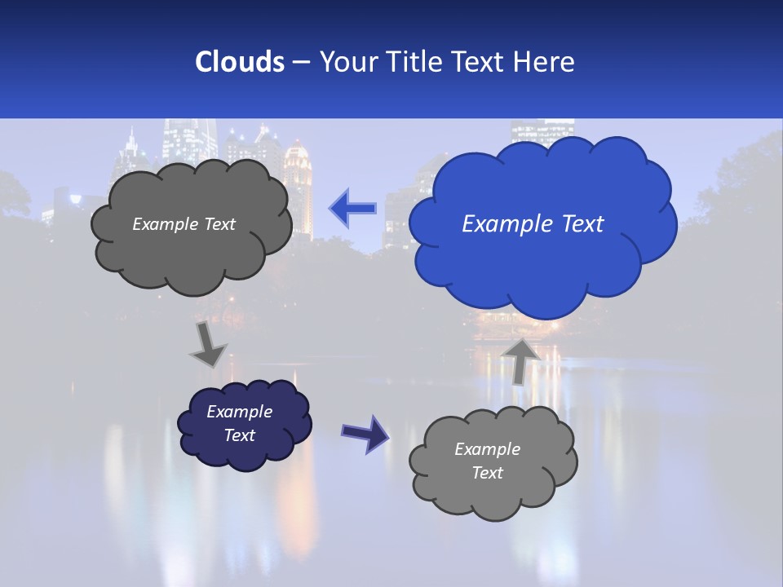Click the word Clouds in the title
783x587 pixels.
pyautogui.click(x=239, y=62)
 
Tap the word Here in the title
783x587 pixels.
pyautogui.click(x=546, y=62)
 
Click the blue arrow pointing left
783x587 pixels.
pyautogui.click(x=352, y=209)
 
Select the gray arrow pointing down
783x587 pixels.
pyautogui.click(x=207, y=344)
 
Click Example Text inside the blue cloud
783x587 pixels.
pyautogui.click(x=533, y=224)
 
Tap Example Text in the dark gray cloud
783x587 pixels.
pyautogui.click(x=184, y=224)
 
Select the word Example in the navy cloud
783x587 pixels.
pyautogui.click(x=239, y=412)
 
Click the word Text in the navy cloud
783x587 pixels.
pyautogui.click(x=239, y=435)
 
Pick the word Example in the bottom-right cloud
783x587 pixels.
pyautogui.click(x=487, y=449)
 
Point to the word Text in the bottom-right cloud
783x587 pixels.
pyautogui.click(x=487, y=473)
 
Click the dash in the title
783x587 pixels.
pyautogui.click(x=300, y=63)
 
